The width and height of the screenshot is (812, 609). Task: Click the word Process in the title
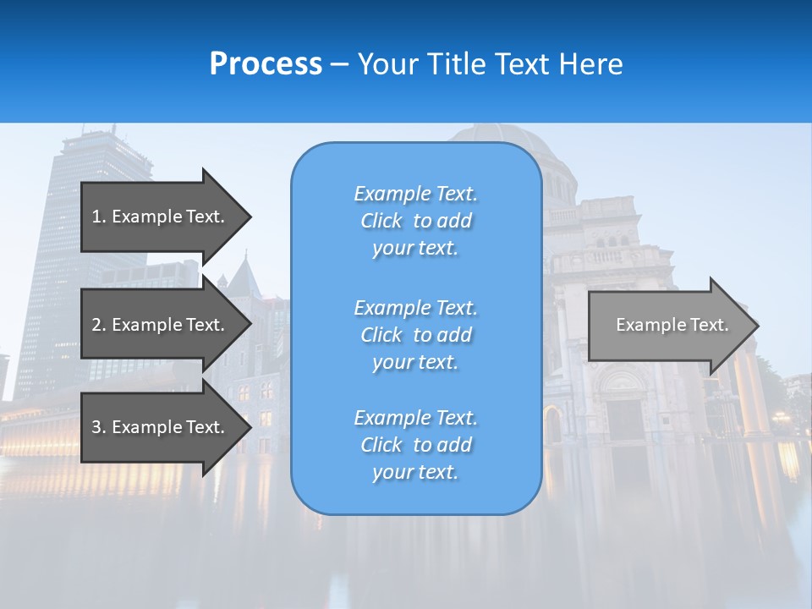pyautogui.click(x=266, y=64)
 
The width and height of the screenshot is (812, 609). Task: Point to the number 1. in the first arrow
pyautogui.click(x=99, y=217)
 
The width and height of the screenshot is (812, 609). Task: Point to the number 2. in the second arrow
pyautogui.click(x=99, y=325)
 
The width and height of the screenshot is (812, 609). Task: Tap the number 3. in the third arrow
pyautogui.click(x=99, y=427)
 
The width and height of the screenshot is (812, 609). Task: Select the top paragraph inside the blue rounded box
pyautogui.click(x=415, y=221)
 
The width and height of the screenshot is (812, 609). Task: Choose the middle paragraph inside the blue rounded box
pyautogui.click(x=415, y=335)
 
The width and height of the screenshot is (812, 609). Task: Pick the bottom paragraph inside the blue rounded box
pyautogui.click(x=415, y=445)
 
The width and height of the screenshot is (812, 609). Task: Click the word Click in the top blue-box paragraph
pyautogui.click(x=381, y=221)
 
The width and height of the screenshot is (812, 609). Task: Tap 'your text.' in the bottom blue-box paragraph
pyautogui.click(x=415, y=473)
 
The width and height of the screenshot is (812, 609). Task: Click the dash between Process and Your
pyautogui.click(x=340, y=64)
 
